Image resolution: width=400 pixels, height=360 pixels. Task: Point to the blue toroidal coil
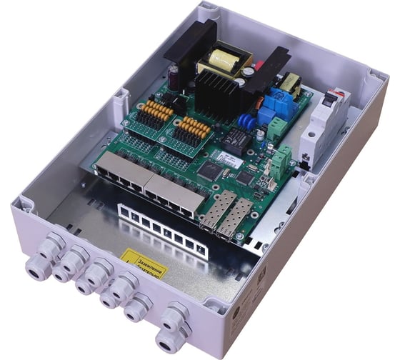coord(246,121)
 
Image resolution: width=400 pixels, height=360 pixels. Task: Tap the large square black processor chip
coord(212,170)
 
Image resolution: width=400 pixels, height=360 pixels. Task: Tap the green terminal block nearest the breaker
coord(280,166)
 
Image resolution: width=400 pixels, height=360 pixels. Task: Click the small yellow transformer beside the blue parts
coord(289,84)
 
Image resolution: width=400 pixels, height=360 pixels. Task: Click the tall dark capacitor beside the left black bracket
coord(174,79)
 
